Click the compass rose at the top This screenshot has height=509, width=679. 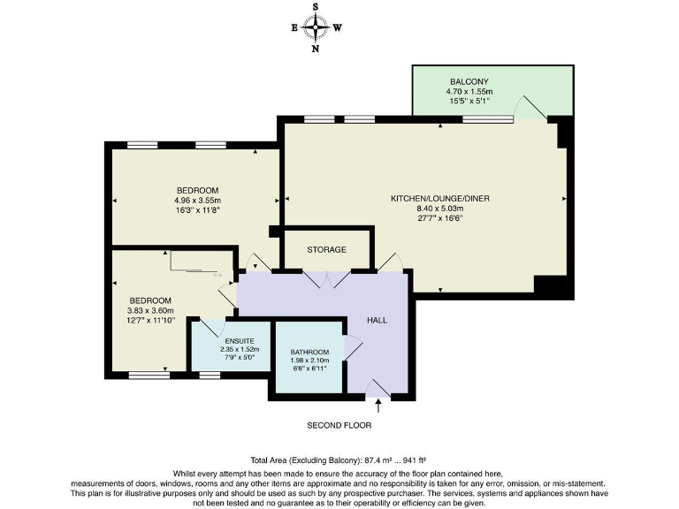pos(316,27)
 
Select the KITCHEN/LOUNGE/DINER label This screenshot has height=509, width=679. pos(440,199)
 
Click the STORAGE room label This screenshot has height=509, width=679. pos(326,250)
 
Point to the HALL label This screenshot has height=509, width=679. pos(377,320)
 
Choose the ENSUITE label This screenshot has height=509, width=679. pos(240,341)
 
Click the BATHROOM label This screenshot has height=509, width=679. pos(309,352)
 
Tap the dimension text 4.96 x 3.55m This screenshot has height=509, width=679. pos(197,201)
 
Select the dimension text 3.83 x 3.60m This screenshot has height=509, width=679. pos(150,310)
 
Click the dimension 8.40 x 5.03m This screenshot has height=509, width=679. pos(440,209)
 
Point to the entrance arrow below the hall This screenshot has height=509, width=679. pos(378,406)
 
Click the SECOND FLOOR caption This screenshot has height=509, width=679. pos(339,425)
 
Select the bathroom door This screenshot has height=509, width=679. pos(354,347)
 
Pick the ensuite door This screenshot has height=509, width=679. pos(209,328)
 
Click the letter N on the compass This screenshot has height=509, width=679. pos(316,49)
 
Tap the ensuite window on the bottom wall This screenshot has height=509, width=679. pos(210,376)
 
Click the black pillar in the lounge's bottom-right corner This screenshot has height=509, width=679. pos(550,285)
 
